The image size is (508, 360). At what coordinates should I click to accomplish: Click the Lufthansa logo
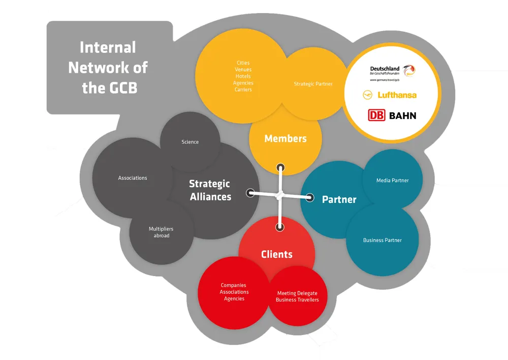pyautogui.click(x=390, y=95)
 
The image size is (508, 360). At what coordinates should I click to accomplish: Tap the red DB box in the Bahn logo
pyautogui.click(x=376, y=115)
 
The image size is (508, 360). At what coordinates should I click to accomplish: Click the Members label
pyautogui.click(x=285, y=138)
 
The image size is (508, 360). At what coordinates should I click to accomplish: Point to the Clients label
pyautogui.click(x=277, y=254)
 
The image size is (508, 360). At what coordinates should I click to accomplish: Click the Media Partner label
pyautogui.click(x=392, y=181)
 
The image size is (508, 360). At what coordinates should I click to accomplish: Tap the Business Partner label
pyautogui.click(x=382, y=240)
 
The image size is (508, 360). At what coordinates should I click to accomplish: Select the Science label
pyautogui.click(x=190, y=142)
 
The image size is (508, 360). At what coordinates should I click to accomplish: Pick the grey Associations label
pyautogui.click(x=133, y=178)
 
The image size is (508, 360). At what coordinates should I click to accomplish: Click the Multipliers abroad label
pyautogui.click(x=161, y=232)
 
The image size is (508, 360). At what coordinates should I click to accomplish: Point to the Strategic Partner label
pyautogui.click(x=313, y=84)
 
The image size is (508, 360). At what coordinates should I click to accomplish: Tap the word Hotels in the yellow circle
pyautogui.click(x=243, y=76)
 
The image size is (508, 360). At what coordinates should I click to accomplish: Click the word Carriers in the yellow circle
pyautogui.click(x=243, y=89)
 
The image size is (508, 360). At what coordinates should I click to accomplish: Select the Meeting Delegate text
pyautogui.click(x=297, y=293)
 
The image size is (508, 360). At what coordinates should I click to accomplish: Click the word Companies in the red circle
pyautogui.click(x=234, y=286)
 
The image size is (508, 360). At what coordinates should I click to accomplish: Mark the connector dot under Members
pyautogui.click(x=280, y=167)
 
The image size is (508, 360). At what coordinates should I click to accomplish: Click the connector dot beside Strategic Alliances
pyautogui.click(x=250, y=193)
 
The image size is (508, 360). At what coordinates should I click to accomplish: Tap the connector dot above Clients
pyautogui.click(x=279, y=227)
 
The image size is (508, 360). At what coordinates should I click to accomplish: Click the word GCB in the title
pyautogui.click(x=122, y=87)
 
